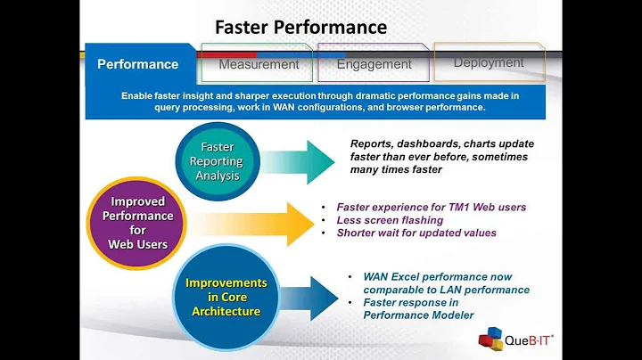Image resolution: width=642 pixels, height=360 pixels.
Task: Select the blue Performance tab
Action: (x=137, y=64)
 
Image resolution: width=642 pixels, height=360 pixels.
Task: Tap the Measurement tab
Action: (x=259, y=64)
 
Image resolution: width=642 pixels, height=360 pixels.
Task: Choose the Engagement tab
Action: (x=374, y=64)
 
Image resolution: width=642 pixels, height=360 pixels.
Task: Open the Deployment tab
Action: (x=488, y=62)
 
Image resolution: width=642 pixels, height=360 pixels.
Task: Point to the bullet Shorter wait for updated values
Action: (x=416, y=233)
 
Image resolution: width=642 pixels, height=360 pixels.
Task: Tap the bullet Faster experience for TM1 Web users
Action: (x=431, y=207)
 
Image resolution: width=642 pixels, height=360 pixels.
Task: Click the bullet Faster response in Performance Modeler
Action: (x=419, y=309)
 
